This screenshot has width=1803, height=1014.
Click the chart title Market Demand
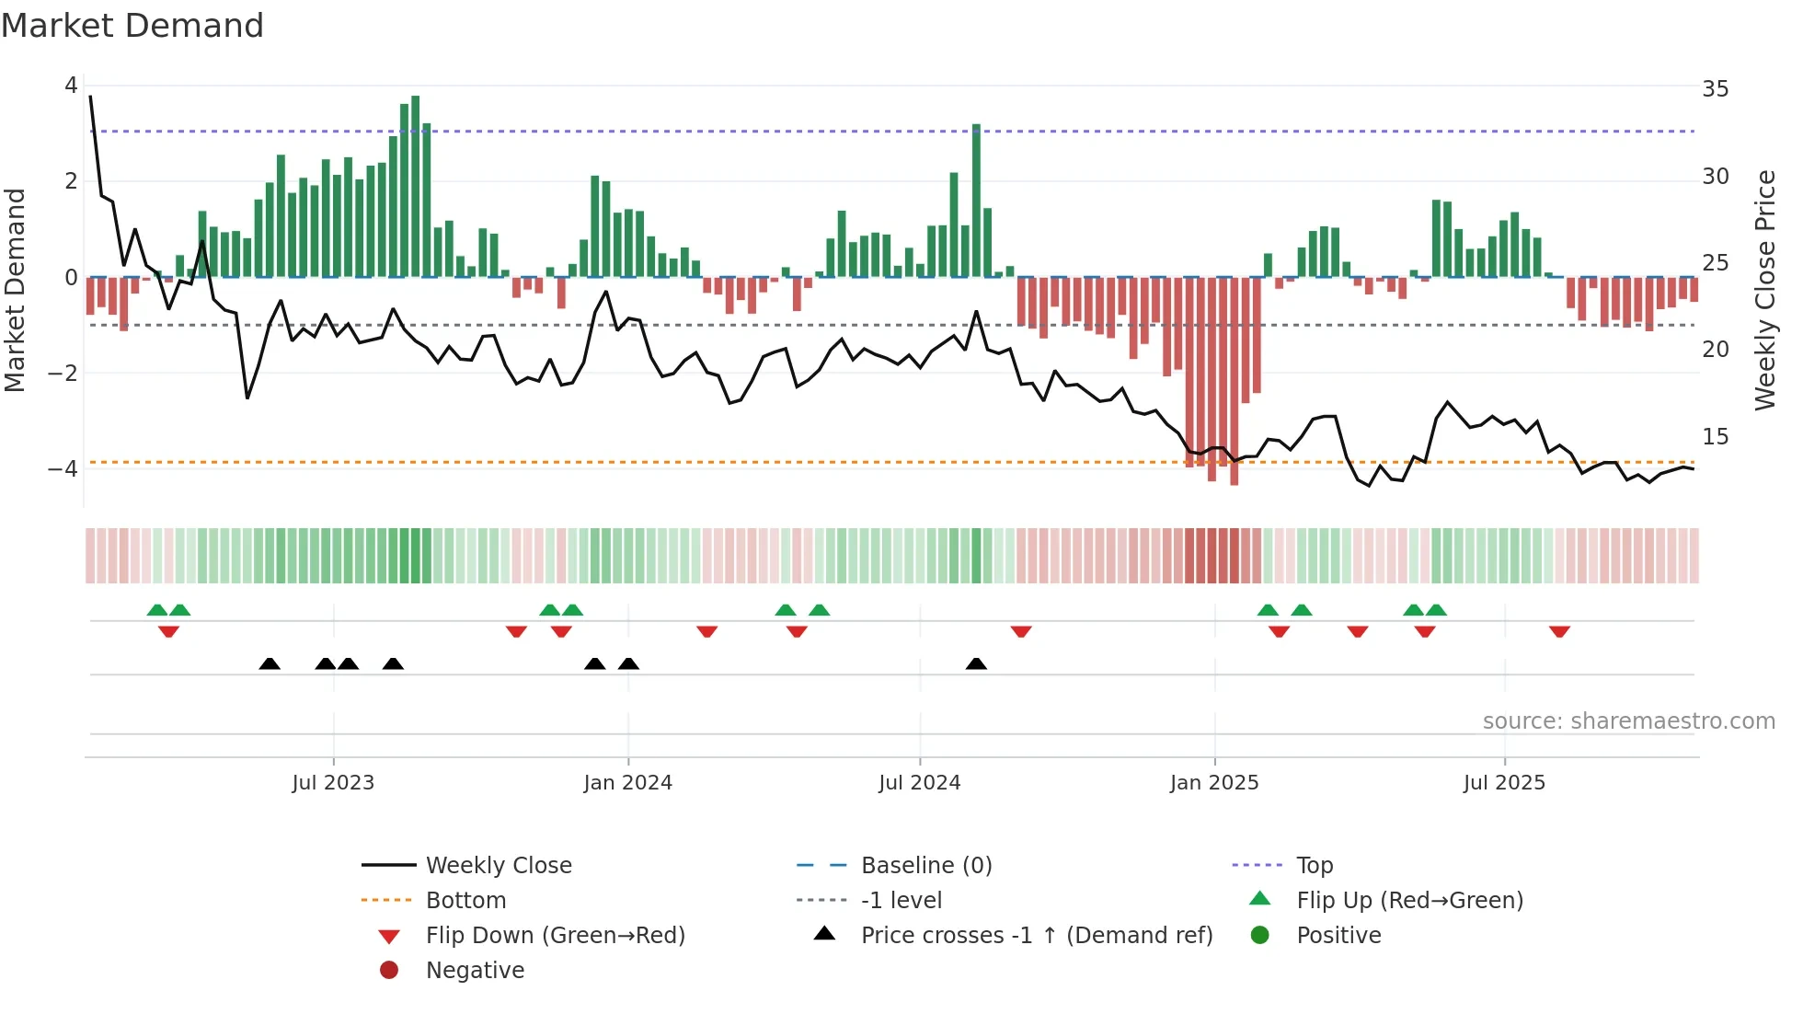click(132, 26)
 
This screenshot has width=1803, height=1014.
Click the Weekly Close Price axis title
click(1764, 290)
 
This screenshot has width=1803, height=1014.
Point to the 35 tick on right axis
click(1715, 89)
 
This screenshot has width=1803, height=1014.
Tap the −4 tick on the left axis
click(63, 469)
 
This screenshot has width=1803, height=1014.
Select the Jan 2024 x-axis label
click(627, 783)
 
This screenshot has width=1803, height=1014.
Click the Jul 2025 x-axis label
click(1504, 783)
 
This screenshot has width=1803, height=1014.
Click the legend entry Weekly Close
click(499, 866)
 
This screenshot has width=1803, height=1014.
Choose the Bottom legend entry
click(465, 901)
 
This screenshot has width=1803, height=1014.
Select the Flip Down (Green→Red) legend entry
click(555, 936)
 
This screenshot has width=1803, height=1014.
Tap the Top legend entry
click(1315, 866)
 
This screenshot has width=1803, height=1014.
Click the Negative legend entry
click(475, 971)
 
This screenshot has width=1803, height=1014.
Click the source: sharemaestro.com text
click(1628, 721)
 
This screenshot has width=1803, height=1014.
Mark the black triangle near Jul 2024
click(976, 663)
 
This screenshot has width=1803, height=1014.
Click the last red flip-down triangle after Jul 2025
click(1559, 631)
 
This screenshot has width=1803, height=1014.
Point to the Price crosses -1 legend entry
click(1036, 936)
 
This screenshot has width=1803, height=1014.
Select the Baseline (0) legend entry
click(925, 866)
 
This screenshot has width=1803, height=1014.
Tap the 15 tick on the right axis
click(1715, 437)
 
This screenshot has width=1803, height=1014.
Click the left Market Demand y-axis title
click(15, 290)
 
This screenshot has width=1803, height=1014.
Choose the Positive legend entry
click(1338, 936)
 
